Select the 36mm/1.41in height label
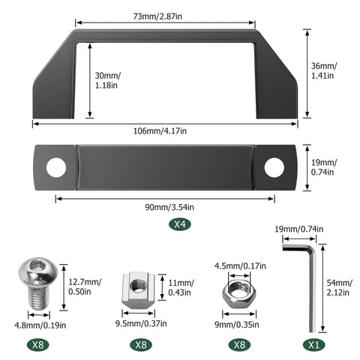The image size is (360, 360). point(325,72)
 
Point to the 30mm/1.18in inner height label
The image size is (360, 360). point(108,80)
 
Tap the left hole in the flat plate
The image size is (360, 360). point(56,168)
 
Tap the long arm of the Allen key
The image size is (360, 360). point(312,292)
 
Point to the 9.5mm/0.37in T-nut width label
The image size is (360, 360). point(138,324)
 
